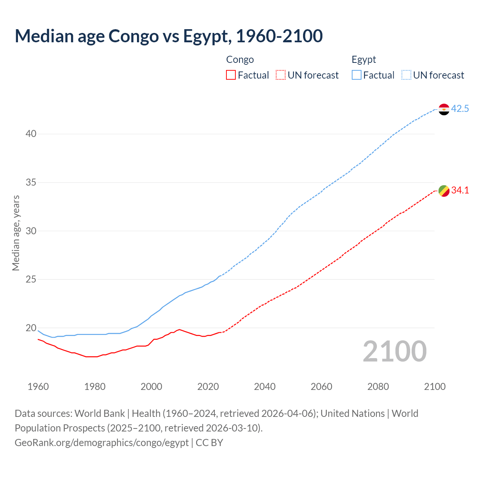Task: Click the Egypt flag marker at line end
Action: (444, 109)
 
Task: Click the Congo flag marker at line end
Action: (444, 191)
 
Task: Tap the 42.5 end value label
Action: (460, 109)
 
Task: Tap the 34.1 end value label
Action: (460, 190)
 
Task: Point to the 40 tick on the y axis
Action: (31, 134)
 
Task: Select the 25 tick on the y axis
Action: (31, 280)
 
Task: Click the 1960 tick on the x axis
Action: (38, 387)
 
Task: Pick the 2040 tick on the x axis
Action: (265, 387)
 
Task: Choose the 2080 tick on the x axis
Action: (378, 387)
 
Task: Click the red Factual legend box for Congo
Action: (231, 75)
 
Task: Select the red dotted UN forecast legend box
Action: (281, 75)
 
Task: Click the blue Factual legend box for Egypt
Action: (357, 75)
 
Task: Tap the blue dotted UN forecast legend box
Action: (406, 75)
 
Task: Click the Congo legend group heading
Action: (240, 60)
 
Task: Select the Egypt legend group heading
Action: (364, 60)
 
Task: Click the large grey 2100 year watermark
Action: (395, 351)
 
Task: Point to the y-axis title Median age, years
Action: (16, 233)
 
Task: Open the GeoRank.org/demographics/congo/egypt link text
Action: (101, 443)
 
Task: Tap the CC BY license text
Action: (210, 443)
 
